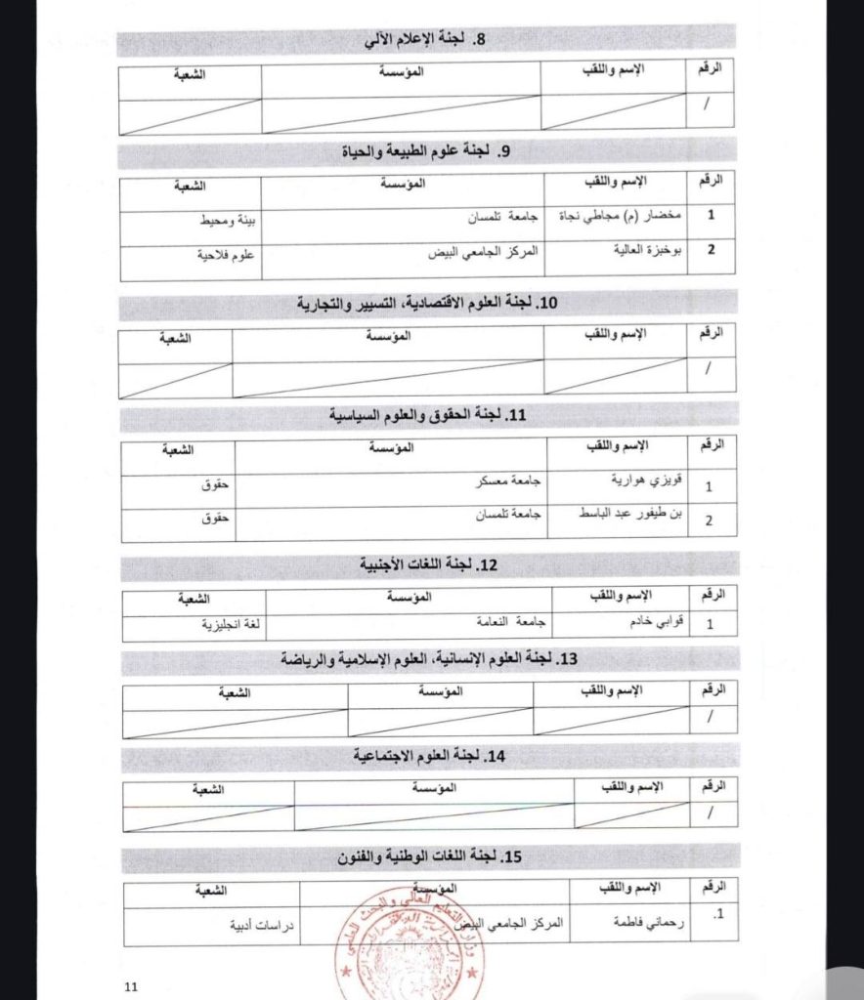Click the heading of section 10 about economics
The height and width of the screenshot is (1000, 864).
(x=426, y=304)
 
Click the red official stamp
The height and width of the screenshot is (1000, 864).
(x=410, y=937)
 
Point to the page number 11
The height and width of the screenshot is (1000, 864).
(x=134, y=986)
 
